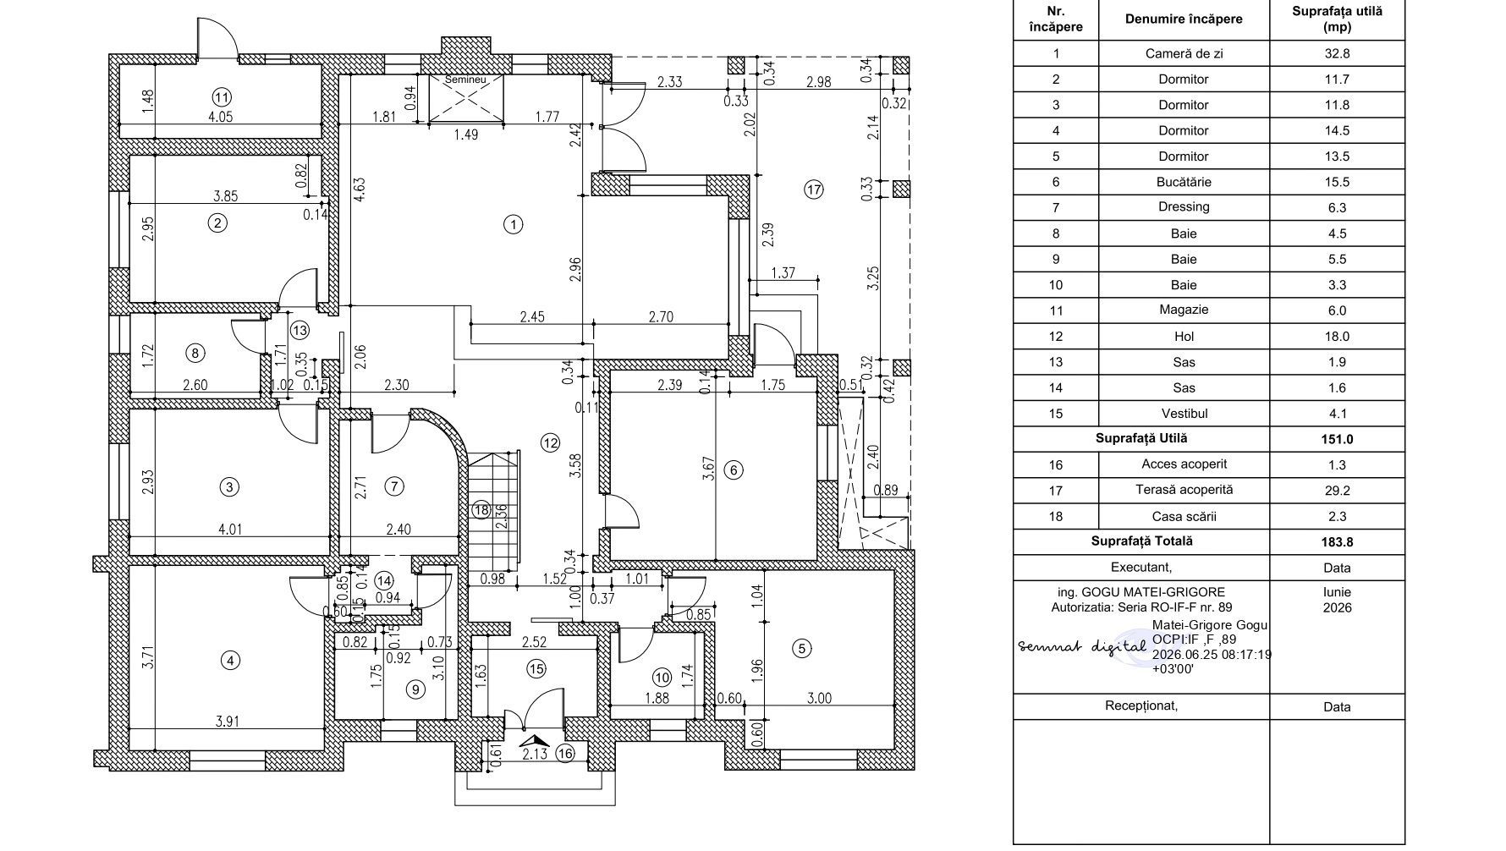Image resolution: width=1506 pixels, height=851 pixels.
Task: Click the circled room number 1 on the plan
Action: click(513, 225)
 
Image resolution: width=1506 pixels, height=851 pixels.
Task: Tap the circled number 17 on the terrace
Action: click(813, 189)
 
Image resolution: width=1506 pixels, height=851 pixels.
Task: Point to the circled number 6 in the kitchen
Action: click(734, 470)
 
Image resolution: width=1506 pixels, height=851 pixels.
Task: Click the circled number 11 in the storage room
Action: click(222, 96)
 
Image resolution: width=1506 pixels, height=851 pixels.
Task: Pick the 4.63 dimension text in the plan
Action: click(359, 187)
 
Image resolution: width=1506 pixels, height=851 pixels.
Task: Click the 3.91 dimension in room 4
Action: click(228, 722)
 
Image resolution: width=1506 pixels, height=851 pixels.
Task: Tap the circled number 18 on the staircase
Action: click(481, 509)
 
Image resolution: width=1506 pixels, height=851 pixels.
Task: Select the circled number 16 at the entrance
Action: click(566, 754)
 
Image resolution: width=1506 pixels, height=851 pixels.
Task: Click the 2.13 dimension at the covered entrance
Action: click(536, 755)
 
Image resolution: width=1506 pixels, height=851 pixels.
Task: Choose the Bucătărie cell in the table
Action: click(1184, 182)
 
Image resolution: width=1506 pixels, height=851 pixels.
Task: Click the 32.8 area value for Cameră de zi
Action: click(1337, 53)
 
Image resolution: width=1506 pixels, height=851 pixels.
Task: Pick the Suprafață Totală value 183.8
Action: click(1337, 541)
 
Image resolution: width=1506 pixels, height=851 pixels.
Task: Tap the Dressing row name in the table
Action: click(1184, 206)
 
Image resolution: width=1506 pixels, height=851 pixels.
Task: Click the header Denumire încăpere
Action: click(1184, 19)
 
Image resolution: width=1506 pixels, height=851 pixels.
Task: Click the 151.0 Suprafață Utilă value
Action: click(1337, 439)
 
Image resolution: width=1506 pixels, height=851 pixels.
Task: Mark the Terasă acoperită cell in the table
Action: click(1184, 490)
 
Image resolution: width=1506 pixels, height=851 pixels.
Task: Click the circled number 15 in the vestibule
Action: click(536, 669)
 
